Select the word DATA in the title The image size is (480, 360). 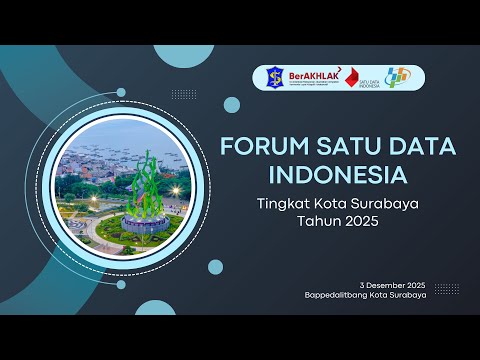[x=419, y=146]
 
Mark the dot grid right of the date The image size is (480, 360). [x=447, y=288]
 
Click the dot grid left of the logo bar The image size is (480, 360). [x=184, y=94]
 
